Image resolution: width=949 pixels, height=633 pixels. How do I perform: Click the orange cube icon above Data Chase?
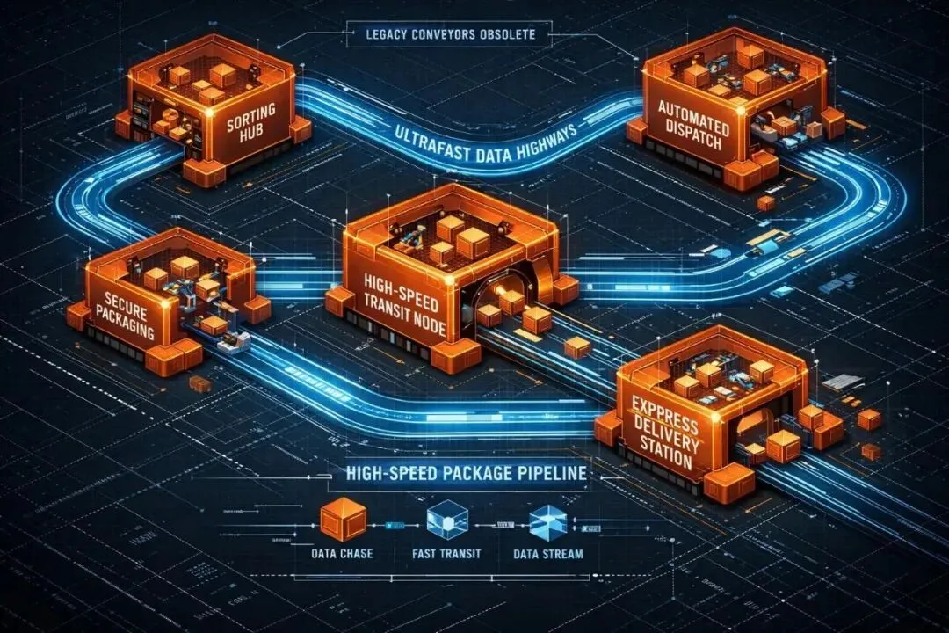click(x=342, y=519)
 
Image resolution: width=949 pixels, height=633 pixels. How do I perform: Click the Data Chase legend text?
click(x=342, y=555)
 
